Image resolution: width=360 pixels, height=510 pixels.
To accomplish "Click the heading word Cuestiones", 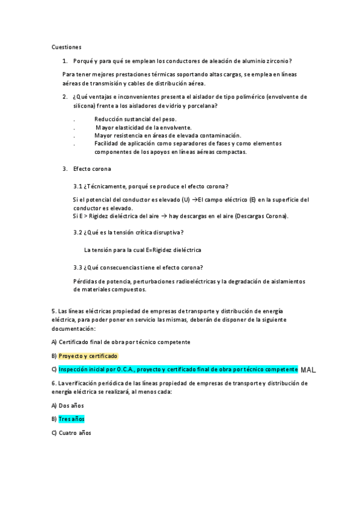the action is coord(66,46).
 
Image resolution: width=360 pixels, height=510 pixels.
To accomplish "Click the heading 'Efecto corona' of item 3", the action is coord(92,168).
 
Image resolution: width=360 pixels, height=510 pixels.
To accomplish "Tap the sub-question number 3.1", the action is coord(78,185).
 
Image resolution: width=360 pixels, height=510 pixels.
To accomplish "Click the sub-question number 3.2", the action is coord(78,232).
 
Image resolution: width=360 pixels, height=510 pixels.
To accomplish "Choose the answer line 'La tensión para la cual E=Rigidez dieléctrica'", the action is coord(142,249).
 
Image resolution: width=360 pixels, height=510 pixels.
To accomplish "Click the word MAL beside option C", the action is coord(308,369).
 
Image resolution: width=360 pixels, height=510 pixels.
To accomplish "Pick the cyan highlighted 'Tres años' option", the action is coord(72,419).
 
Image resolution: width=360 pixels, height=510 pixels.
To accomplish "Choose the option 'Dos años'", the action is coord(71,405).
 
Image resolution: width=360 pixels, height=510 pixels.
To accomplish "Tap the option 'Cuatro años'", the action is coord(75,432).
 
